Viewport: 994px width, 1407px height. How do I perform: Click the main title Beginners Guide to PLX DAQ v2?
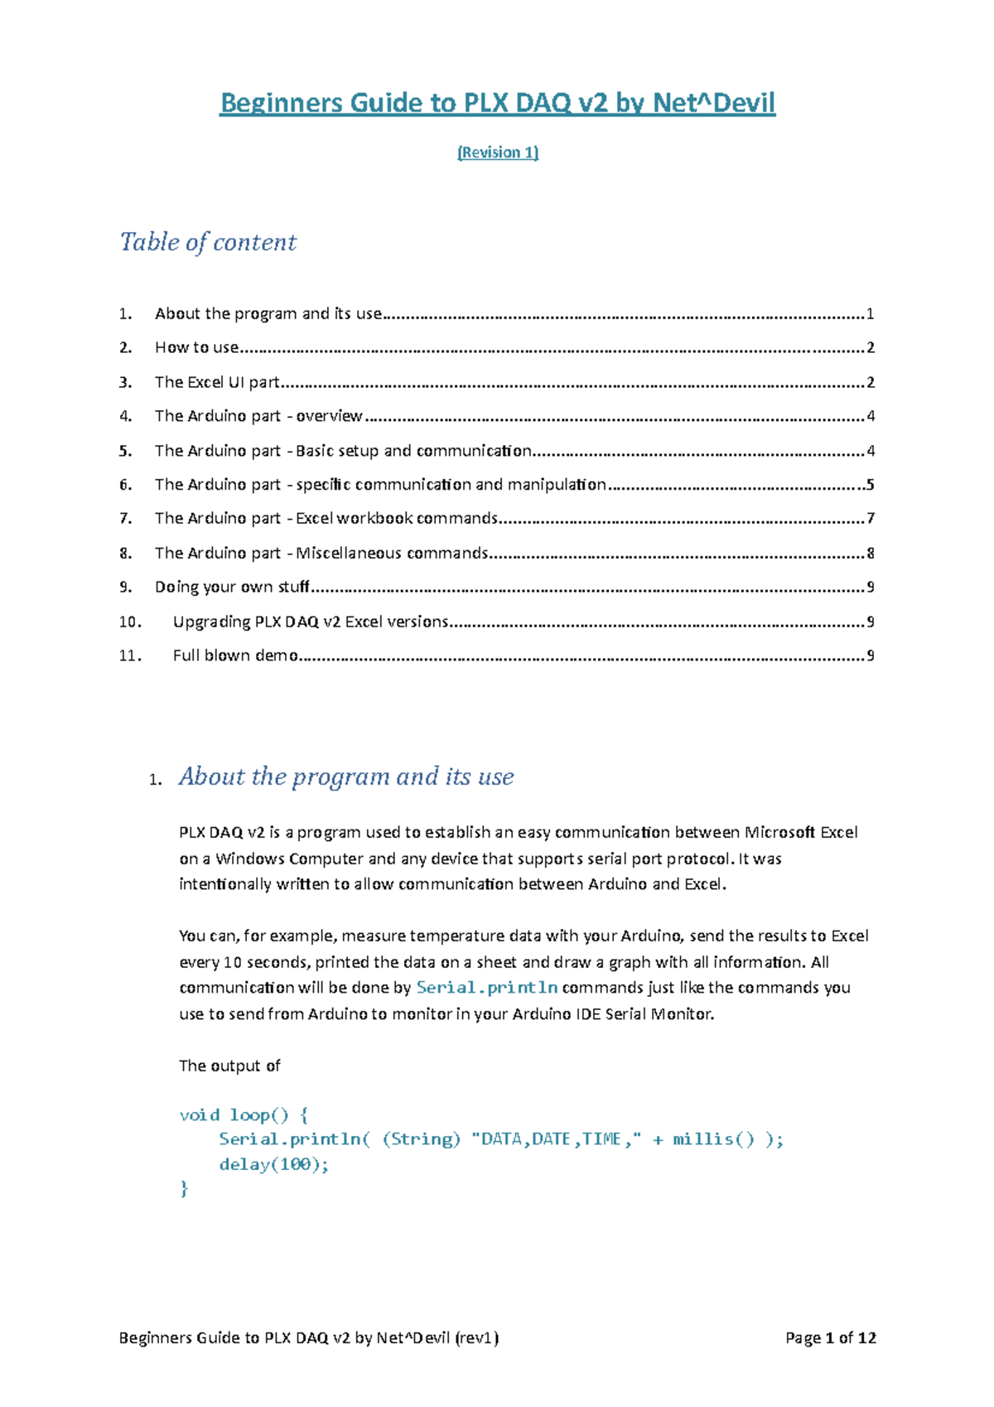point(497,104)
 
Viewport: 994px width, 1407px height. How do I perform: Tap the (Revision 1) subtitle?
point(498,152)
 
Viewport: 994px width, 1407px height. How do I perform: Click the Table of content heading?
point(208,242)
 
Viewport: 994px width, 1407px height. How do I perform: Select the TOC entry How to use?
point(197,348)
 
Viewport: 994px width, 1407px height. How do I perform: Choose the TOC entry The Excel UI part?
point(217,383)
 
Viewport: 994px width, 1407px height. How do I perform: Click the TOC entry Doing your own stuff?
point(232,587)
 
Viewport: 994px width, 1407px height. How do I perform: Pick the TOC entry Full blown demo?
point(235,655)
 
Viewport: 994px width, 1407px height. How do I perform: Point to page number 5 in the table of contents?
point(870,485)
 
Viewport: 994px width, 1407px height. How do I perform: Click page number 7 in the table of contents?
point(870,519)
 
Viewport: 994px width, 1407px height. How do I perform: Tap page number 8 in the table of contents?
point(870,554)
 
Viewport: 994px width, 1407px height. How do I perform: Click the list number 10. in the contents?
point(130,621)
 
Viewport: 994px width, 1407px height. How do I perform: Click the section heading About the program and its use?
point(346,776)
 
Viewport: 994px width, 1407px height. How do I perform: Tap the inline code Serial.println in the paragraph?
point(487,988)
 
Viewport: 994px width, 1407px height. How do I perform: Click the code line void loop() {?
point(244,1115)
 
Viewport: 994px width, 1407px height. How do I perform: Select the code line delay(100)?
point(274,1164)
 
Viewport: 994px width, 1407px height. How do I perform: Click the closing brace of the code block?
point(184,1189)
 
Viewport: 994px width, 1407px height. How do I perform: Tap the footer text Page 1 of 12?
point(830,1337)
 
